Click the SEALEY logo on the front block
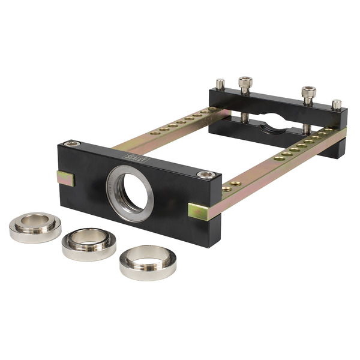pyautogui.click(x=131, y=158)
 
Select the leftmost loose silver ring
pyautogui.click(x=35, y=226)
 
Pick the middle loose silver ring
pyautogui.click(x=89, y=242)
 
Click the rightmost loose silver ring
pyautogui.click(x=148, y=262)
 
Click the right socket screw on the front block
pyautogui.click(x=206, y=175)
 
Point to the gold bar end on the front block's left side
pyautogui.click(x=65, y=178)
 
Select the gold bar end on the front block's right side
pyautogui.click(x=199, y=211)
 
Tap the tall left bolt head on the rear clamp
pyautogui.click(x=245, y=83)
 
